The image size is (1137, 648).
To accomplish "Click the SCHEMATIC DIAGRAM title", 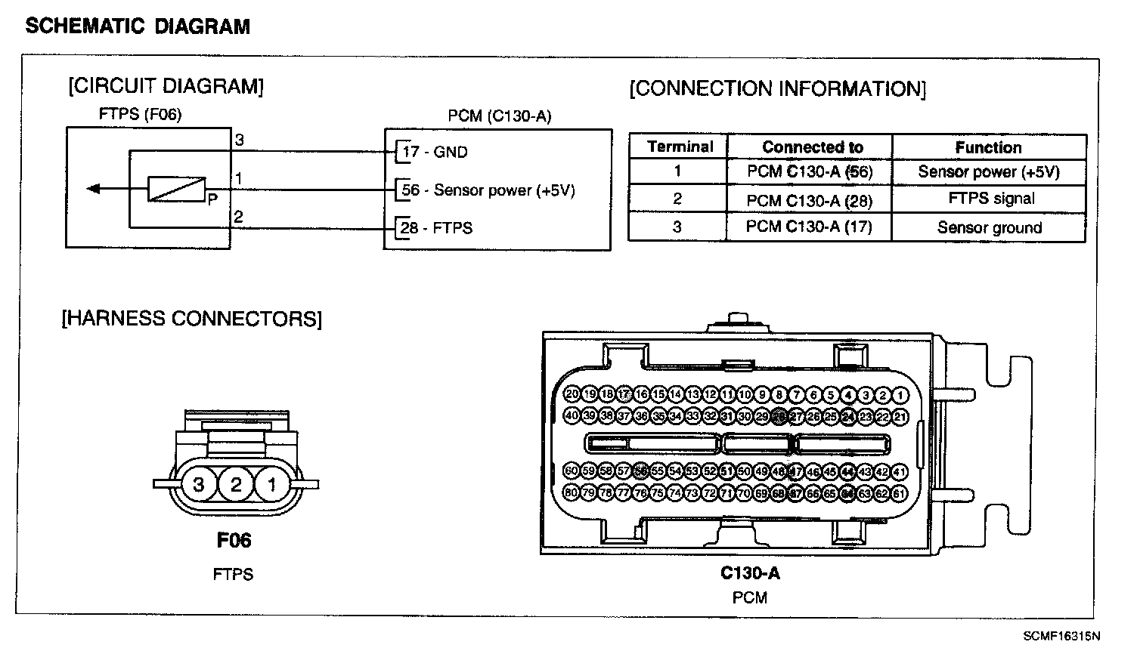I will [138, 26].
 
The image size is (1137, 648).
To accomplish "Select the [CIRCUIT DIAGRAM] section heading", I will [166, 86].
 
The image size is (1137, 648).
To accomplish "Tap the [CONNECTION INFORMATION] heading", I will [777, 89].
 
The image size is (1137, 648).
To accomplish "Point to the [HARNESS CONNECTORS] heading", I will [191, 319].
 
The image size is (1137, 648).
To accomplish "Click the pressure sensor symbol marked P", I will [176, 189].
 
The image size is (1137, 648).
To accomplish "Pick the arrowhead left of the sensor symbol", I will [93, 189].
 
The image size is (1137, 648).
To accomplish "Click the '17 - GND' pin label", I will [435, 152].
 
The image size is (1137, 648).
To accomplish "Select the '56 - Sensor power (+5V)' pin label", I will [488, 190].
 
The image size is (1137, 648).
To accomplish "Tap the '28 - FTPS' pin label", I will [437, 228].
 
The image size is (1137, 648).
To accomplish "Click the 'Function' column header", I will [988, 147].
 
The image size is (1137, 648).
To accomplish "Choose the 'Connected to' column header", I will [812, 147].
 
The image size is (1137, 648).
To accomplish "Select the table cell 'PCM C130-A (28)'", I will [809, 199].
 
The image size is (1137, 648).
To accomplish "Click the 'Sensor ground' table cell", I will [989, 228].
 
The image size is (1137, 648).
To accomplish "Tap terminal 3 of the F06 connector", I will [199, 484].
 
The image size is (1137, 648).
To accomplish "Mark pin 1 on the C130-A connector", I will [900, 395].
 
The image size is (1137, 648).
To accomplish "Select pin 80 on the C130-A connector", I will [572, 493].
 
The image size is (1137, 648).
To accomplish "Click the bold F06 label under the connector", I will [234, 540].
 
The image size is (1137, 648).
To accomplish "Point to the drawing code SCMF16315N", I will [1061, 636].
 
